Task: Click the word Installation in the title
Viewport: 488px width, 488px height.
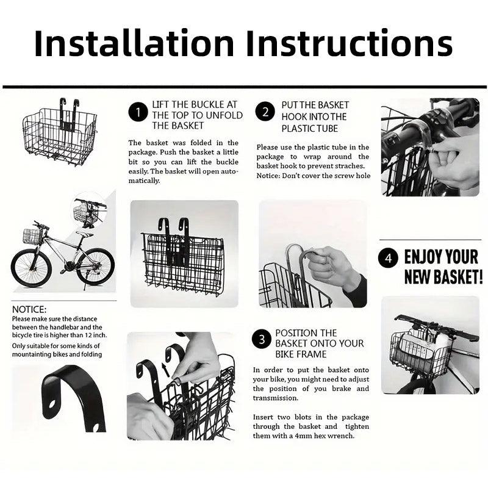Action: tap(134, 44)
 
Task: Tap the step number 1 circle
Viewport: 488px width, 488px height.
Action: tap(138, 112)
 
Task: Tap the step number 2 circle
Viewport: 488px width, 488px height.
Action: tap(265, 112)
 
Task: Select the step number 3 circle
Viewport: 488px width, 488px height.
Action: tap(260, 339)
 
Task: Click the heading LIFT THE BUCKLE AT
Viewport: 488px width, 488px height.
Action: tap(195, 105)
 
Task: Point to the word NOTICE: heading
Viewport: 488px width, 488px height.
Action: tap(29, 310)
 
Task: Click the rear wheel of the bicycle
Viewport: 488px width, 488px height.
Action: tap(95, 266)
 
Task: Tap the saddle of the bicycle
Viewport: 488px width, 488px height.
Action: tap(85, 234)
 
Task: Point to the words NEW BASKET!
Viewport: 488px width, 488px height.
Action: tap(443, 277)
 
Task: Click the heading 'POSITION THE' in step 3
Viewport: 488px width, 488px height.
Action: tap(306, 333)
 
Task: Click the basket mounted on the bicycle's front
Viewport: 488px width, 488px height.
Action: tap(32, 236)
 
